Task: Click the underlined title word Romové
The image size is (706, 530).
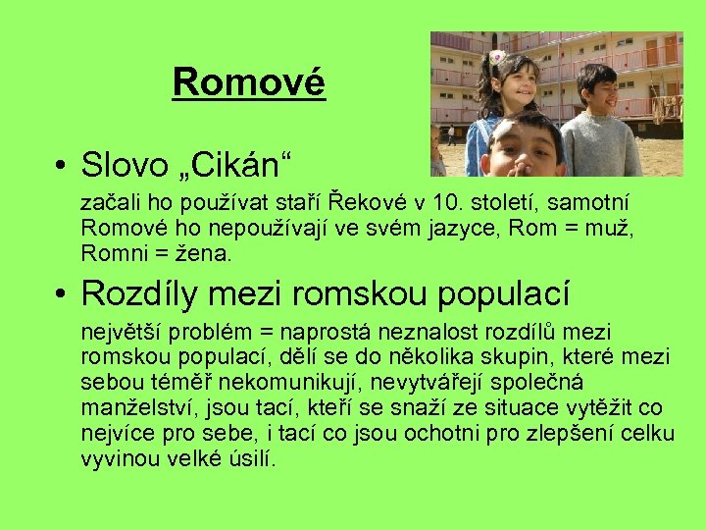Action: tap(248, 83)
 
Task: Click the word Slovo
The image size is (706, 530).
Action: tap(128, 163)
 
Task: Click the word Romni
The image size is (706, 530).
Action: tap(110, 253)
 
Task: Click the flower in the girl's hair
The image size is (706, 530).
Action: tap(497, 58)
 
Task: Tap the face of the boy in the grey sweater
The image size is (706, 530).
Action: tap(598, 95)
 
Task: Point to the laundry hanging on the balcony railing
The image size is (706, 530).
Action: tap(667, 105)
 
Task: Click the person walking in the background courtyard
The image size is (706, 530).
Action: tap(451, 134)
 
